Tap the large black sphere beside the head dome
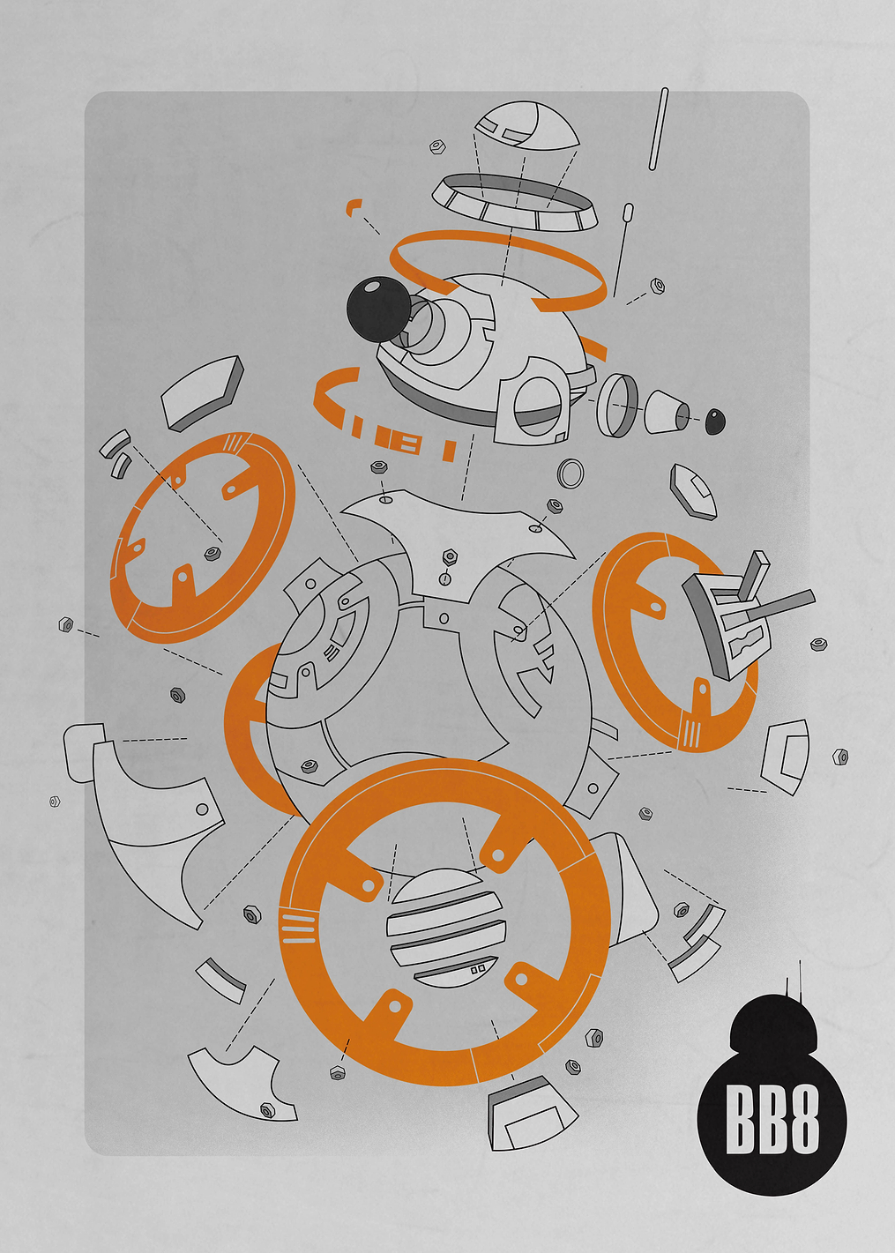pos(378,310)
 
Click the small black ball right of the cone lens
pos(714,421)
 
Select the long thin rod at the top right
pos(659,129)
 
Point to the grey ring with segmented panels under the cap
pos(515,203)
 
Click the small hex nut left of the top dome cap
pos(436,146)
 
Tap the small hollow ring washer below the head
pos(571,474)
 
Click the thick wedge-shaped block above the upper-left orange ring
pos(203,393)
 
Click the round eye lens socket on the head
pos(536,406)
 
